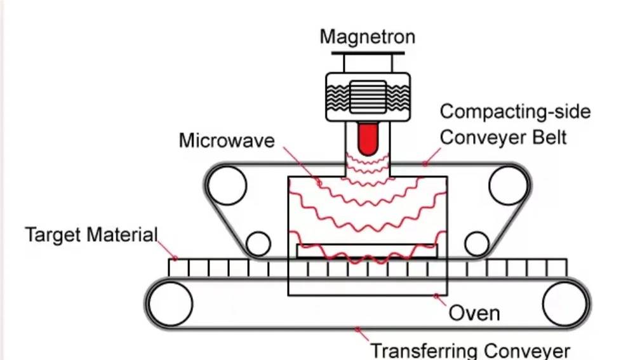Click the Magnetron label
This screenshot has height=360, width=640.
367,36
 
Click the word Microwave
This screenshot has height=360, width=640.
227,140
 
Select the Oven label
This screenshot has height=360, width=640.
474,313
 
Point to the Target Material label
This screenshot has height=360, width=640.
91,235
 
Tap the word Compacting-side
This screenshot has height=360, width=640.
515,112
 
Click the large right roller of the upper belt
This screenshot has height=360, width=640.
509,185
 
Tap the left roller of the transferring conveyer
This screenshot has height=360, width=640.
171,303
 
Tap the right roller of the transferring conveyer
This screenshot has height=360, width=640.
564,303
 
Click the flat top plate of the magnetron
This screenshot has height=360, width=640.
367,52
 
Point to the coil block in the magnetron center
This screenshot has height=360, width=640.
367,97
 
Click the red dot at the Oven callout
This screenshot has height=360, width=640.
436,296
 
